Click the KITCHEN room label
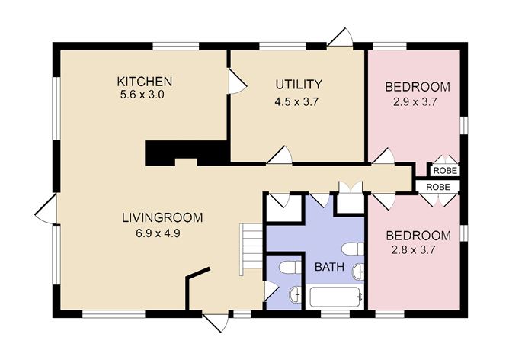(144, 82)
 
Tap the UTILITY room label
(299, 85)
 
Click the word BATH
(328, 267)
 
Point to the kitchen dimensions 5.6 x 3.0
(142, 95)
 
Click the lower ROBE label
(437, 187)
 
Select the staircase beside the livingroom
(251, 249)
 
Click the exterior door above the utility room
(340, 37)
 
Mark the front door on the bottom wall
(216, 321)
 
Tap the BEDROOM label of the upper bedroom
(417, 86)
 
